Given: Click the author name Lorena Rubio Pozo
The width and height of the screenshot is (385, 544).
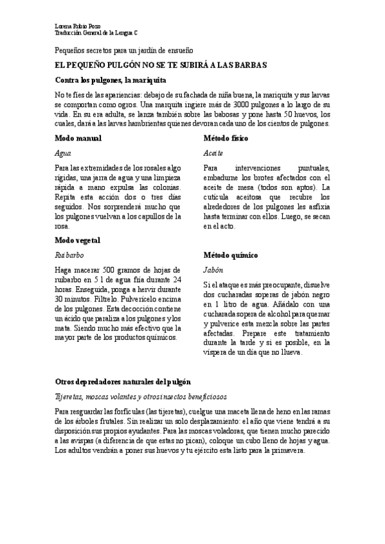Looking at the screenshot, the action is pos(78,25).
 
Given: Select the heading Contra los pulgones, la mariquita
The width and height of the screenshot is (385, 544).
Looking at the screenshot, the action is pos(111,81).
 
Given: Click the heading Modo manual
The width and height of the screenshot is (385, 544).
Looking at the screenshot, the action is pos(78,138).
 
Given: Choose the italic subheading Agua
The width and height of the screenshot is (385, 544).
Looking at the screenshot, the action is pos(63,154).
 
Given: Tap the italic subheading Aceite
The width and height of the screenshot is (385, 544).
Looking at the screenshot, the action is pos(213,154).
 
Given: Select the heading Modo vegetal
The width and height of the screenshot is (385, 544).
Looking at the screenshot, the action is pos(78,240).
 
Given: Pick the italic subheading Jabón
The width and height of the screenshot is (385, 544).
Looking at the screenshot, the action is pos(213,270).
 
